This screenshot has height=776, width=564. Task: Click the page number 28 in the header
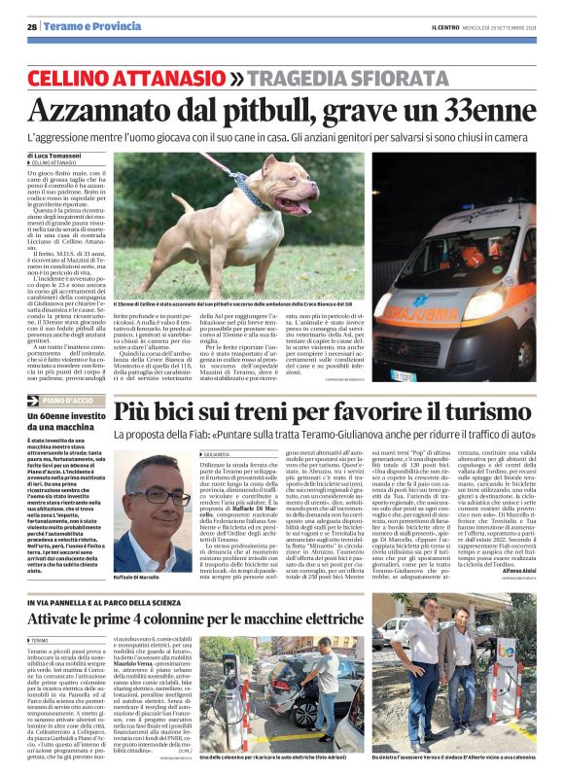click(32, 26)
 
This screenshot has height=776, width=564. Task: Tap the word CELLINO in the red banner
click(73, 77)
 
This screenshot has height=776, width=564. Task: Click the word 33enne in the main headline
click(486, 109)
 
